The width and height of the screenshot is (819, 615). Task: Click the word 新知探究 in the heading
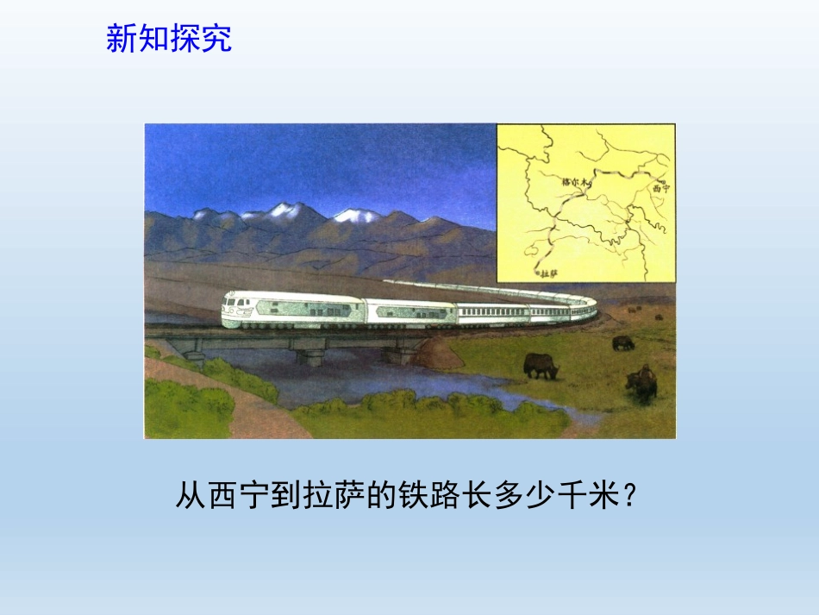pos(169,39)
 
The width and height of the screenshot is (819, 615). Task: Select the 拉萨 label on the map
pos(547,273)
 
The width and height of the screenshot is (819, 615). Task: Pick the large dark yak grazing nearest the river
pos(541,367)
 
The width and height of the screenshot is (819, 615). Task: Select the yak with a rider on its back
pos(641,382)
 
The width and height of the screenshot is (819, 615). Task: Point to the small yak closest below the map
pos(622,342)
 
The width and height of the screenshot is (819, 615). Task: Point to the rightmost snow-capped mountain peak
pos(358,216)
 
